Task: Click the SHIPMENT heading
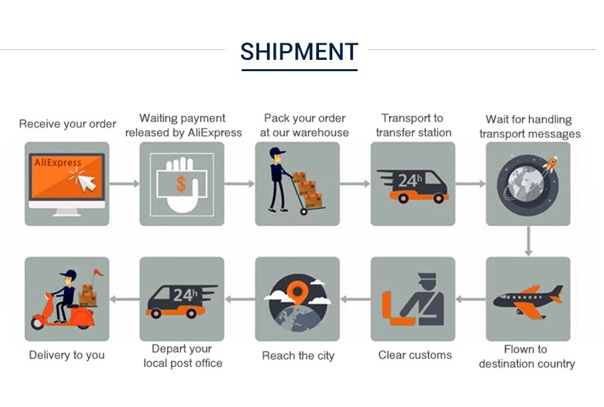click(299, 52)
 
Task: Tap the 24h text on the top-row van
click(409, 179)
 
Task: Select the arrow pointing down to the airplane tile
click(529, 241)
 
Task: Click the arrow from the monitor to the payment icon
click(123, 184)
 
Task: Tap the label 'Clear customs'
click(415, 354)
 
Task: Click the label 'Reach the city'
click(298, 356)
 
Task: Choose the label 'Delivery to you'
click(67, 354)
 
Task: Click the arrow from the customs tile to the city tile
click(355, 299)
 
